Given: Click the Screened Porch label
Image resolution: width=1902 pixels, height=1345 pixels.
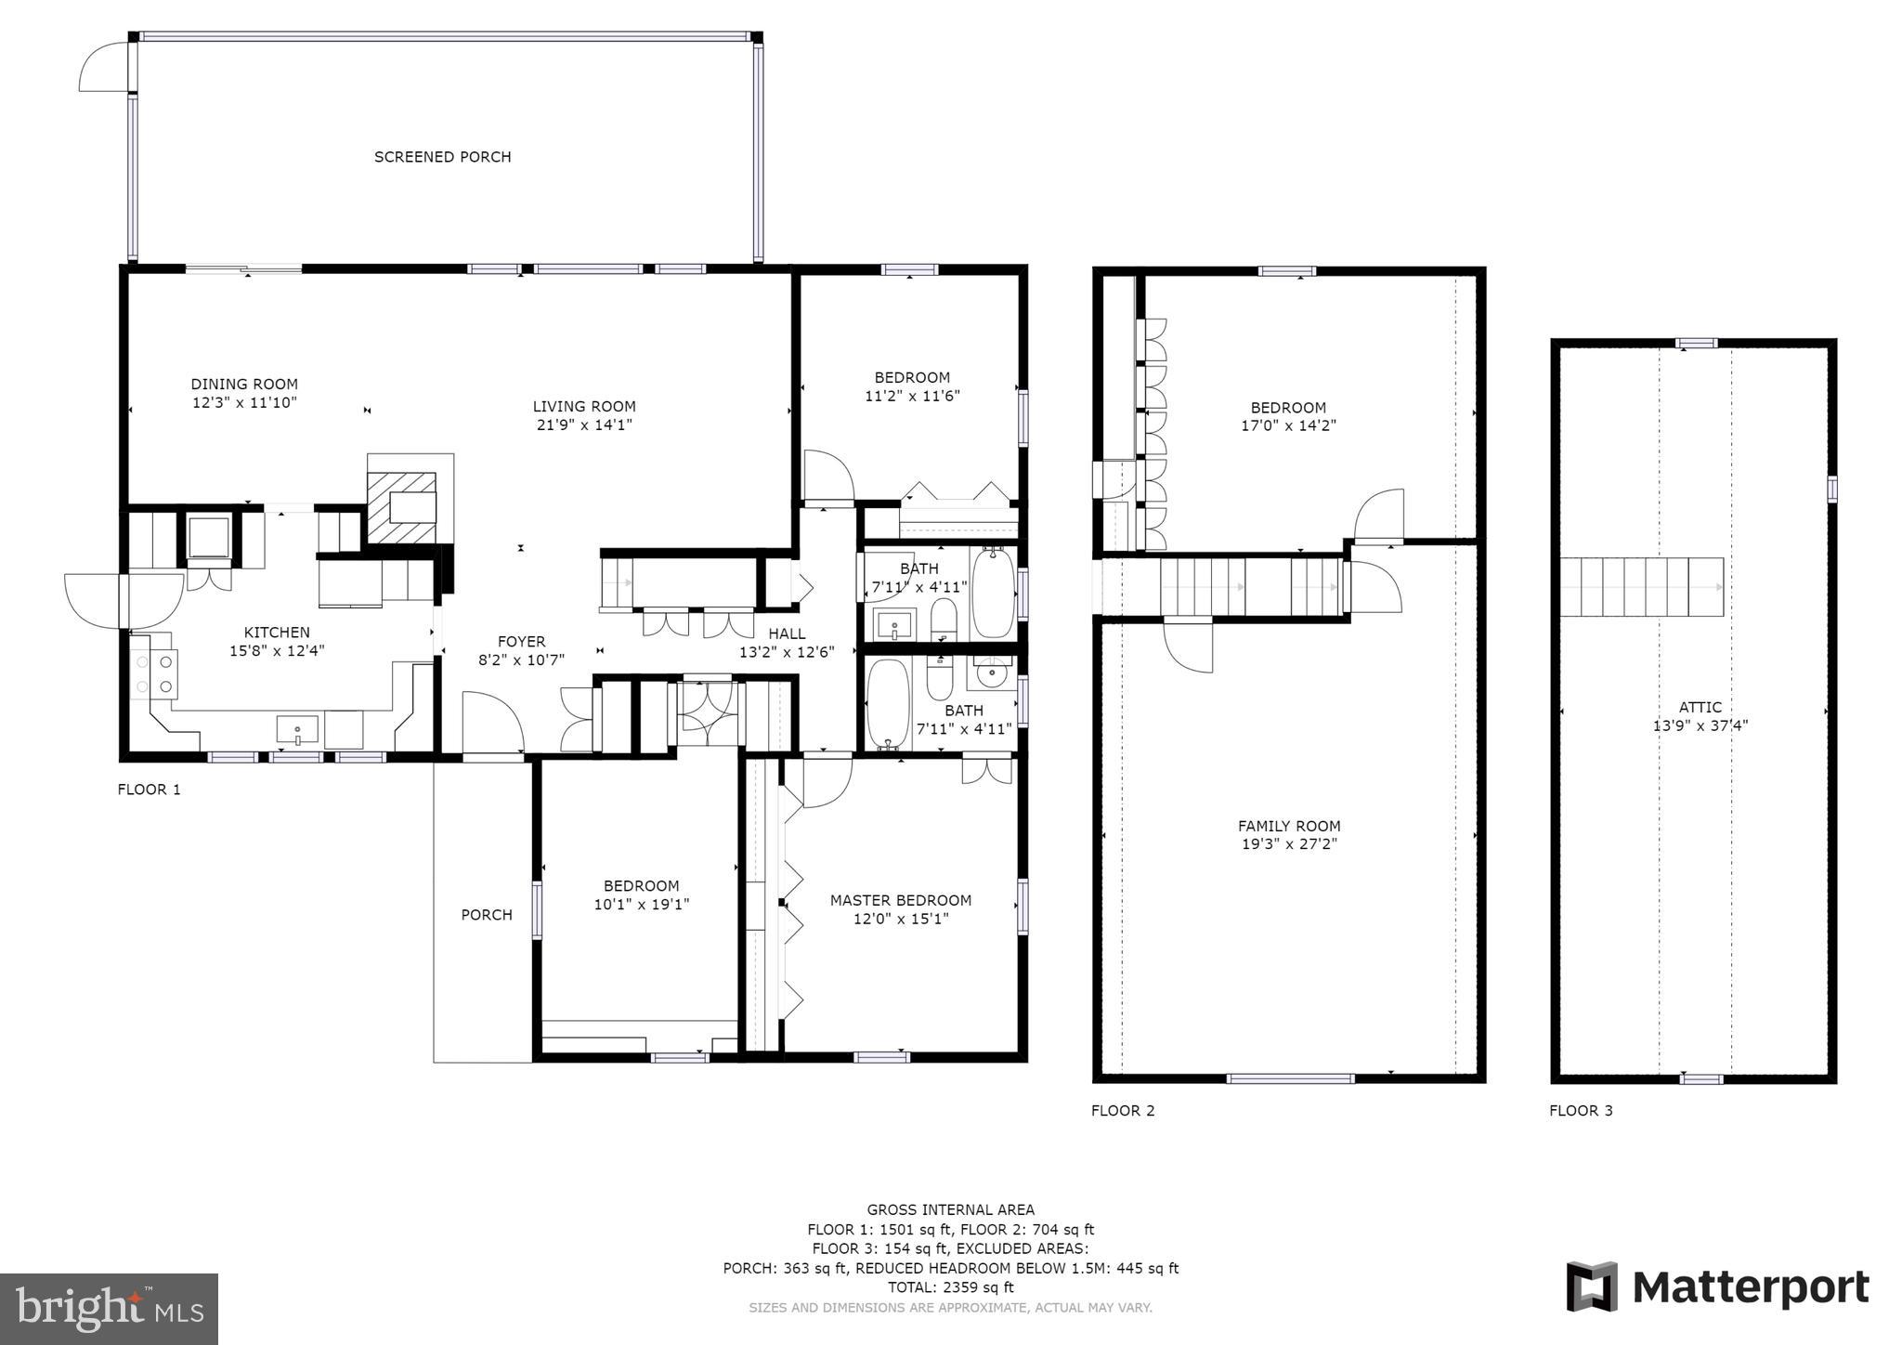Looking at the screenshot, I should click(x=442, y=157).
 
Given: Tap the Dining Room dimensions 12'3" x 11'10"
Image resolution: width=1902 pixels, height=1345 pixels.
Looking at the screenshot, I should click(x=244, y=402).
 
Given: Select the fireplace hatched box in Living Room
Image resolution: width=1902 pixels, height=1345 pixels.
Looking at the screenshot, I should click(x=402, y=507).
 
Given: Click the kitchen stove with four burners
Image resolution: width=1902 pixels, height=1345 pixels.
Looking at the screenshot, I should click(x=155, y=673).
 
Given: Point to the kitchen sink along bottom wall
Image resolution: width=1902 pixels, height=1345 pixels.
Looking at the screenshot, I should click(x=297, y=729).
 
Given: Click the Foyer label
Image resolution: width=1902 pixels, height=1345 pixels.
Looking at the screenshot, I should click(x=521, y=641).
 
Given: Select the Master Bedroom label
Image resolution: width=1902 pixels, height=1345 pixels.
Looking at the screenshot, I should click(x=900, y=900).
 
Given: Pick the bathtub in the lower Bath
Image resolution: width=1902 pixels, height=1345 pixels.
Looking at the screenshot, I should click(x=888, y=703).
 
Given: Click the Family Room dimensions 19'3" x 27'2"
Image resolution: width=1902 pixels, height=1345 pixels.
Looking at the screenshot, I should click(x=1288, y=844).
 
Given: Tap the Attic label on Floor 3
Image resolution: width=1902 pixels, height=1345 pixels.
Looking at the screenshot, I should click(x=1700, y=707).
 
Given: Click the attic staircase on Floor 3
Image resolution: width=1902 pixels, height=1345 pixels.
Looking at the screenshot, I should click(x=1640, y=587).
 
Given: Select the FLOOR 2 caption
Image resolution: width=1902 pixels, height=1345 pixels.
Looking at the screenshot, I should click(x=1122, y=1110).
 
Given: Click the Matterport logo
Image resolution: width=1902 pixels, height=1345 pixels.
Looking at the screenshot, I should click(x=1717, y=1286).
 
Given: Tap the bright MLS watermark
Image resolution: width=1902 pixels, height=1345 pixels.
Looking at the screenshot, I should click(x=109, y=1309).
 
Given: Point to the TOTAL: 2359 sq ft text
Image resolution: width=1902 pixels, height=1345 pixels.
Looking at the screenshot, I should click(x=950, y=1287).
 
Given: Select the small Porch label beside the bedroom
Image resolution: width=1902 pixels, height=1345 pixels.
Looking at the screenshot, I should click(x=487, y=915).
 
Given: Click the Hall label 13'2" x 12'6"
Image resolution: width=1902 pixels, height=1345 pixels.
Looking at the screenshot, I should click(x=787, y=643).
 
